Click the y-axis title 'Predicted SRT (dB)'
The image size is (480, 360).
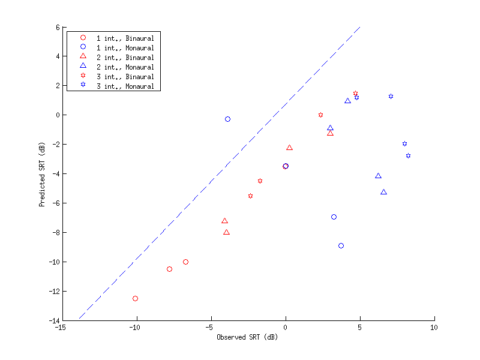pos(42,174)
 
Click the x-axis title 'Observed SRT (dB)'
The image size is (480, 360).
pos(247,337)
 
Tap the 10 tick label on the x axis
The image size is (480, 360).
pos(434,328)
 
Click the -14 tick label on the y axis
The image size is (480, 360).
pos(52,320)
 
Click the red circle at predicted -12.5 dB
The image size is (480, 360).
pos(135,298)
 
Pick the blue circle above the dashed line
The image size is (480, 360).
pos(227,119)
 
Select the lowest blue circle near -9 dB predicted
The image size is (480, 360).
pos(341,245)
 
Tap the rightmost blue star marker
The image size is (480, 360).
pos(408,155)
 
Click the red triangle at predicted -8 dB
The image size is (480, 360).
pos(226,232)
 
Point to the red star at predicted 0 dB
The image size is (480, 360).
pos(320,115)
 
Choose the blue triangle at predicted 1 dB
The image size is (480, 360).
pos(347,101)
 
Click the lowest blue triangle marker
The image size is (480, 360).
pos(383,192)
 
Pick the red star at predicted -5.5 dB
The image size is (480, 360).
pos(250,196)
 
